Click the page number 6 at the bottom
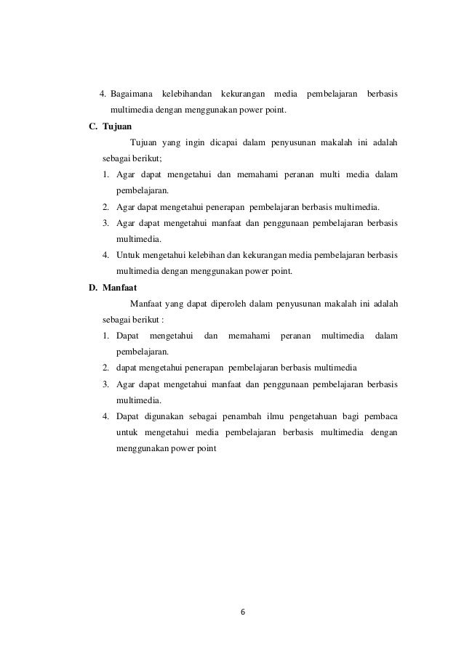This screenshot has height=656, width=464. (x=243, y=611)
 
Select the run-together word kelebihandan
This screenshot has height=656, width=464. (x=188, y=94)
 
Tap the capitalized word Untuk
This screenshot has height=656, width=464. (x=129, y=254)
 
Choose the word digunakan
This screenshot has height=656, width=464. (x=167, y=416)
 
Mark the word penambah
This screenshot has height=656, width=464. (x=239, y=416)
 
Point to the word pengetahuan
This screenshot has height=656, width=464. (x=316, y=416)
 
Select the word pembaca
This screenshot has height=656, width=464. (x=385, y=416)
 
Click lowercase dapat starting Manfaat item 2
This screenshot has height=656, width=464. (x=129, y=368)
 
